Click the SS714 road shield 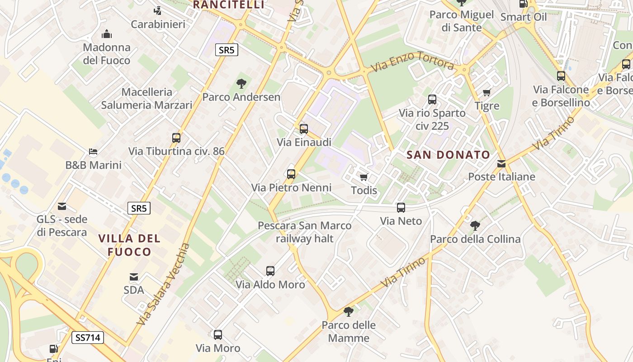(x=88, y=337)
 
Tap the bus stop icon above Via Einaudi (x=304, y=129)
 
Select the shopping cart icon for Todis (x=364, y=177)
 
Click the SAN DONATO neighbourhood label (x=448, y=155)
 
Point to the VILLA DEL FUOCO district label (x=129, y=245)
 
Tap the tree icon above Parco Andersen (x=241, y=83)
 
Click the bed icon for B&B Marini (x=93, y=152)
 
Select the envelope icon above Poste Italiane (x=501, y=163)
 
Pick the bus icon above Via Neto (x=401, y=208)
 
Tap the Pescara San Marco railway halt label (x=304, y=232)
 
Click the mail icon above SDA (x=134, y=276)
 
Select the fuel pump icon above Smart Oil (x=523, y=4)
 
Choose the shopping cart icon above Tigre (x=487, y=93)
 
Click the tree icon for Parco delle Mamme (x=349, y=311)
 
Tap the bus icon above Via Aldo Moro (x=270, y=271)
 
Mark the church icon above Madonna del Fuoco (x=107, y=34)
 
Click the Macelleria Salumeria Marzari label (x=146, y=98)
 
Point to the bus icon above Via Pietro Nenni (x=291, y=174)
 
